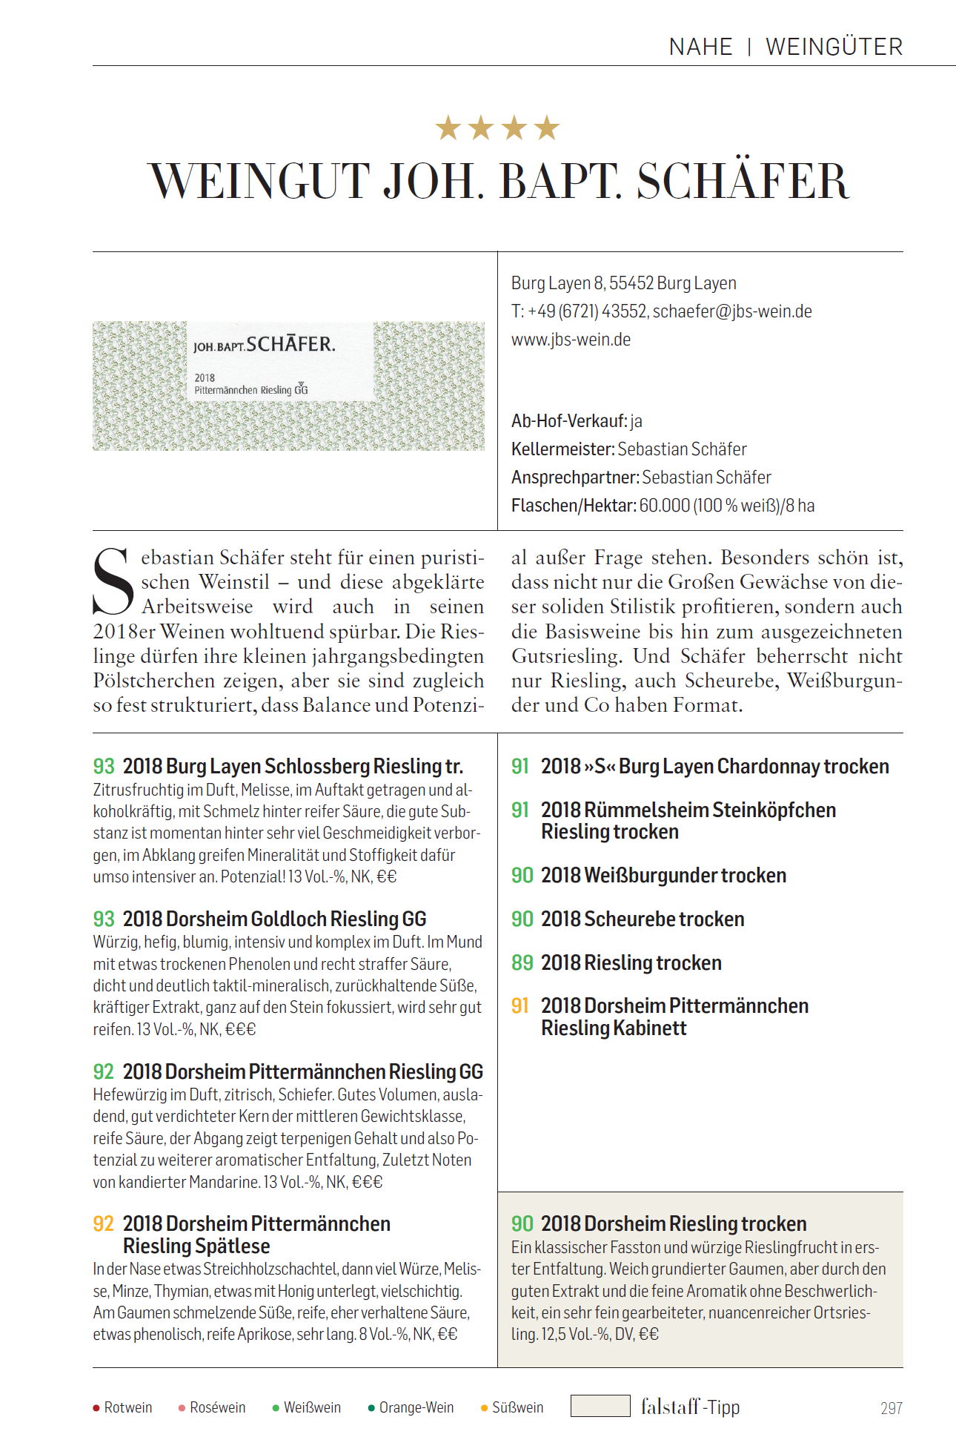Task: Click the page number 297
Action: coord(891,1408)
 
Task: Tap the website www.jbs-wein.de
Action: coord(571,340)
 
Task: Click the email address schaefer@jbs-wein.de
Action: coord(732,311)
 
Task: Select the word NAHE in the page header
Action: coord(700,47)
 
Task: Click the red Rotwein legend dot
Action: coord(96,1408)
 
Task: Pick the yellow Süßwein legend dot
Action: coord(485,1408)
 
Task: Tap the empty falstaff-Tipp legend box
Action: coord(600,1406)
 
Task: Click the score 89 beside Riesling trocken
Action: coord(522,962)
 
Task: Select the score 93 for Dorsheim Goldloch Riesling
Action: coord(104,919)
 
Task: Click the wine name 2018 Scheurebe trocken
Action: coord(643,919)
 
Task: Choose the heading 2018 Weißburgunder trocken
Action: coord(663,876)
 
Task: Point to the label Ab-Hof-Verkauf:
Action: coord(569,421)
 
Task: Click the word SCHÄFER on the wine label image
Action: coord(291,345)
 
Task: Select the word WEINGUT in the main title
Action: coord(259,182)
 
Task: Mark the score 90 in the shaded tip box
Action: coord(522,1223)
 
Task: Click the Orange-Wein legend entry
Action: coord(412,1408)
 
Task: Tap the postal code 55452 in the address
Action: coord(631,283)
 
